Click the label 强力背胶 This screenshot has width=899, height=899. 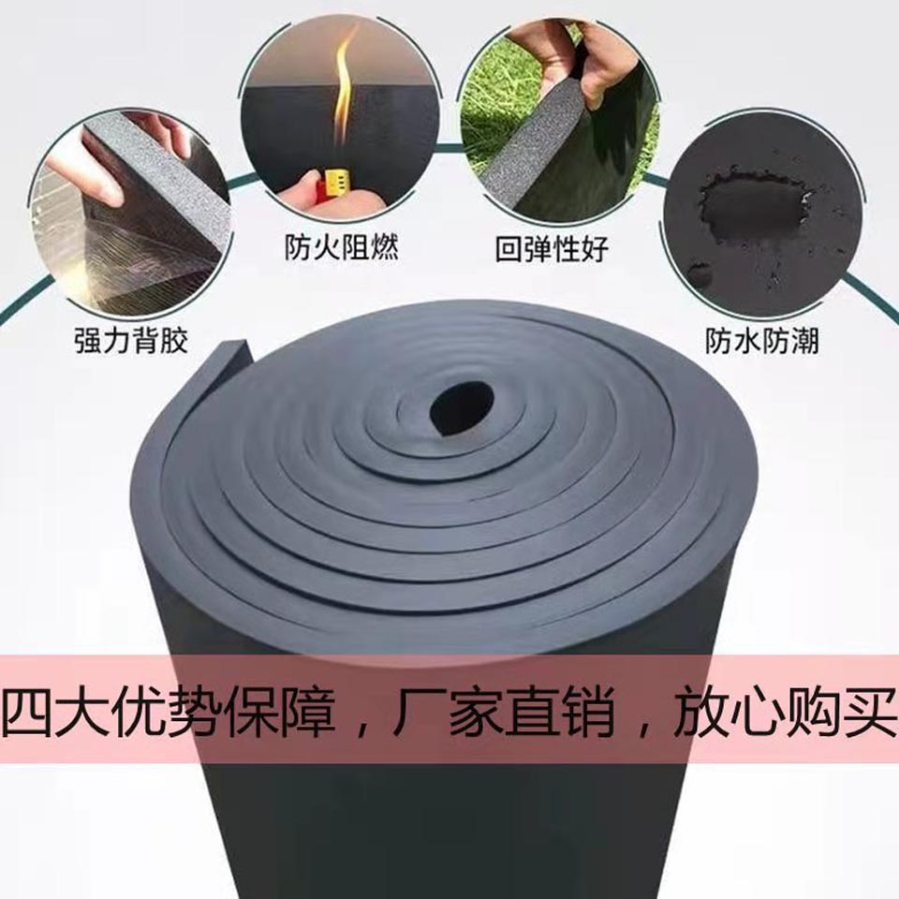(131, 341)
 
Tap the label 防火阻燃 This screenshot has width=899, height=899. (342, 247)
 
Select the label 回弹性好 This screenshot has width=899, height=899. (553, 250)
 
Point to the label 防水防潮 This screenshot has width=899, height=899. (762, 341)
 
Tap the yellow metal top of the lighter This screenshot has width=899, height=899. (336, 181)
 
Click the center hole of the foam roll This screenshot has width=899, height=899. (462, 407)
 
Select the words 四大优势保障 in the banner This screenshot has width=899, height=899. (169, 713)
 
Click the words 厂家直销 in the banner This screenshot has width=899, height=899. (504, 713)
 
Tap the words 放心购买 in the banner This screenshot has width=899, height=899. (783, 713)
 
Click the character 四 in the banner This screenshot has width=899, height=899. (30, 713)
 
